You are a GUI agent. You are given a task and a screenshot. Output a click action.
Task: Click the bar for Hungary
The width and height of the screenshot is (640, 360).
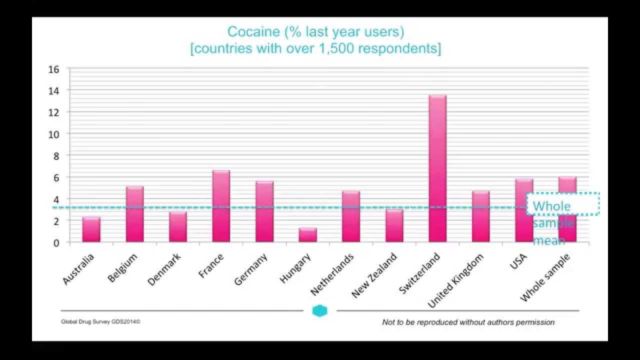(x=307, y=235)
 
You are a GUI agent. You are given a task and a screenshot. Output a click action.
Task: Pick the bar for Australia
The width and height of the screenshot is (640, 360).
(x=91, y=230)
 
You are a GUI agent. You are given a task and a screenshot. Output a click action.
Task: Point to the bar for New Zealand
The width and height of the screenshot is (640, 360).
(x=394, y=226)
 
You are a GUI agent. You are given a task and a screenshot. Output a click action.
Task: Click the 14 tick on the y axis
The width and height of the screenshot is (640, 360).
(x=53, y=90)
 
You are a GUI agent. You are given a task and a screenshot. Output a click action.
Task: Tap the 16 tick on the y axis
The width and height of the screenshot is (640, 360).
(x=53, y=69)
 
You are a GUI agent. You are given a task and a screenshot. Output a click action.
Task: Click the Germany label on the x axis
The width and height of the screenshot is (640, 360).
(x=251, y=269)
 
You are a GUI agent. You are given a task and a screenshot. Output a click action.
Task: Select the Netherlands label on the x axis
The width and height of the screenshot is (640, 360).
(x=332, y=274)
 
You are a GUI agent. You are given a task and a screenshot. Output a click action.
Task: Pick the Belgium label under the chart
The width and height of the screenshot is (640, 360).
(x=122, y=268)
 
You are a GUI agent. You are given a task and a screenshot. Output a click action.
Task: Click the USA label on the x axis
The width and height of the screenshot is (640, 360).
(x=518, y=260)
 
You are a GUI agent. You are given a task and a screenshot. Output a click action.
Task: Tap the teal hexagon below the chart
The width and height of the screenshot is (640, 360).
(x=319, y=311)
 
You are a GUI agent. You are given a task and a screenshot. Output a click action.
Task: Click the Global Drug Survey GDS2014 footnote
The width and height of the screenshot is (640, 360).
(x=100, y=322)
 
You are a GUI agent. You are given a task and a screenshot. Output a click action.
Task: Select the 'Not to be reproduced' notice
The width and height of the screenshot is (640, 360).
(x=468, y=322)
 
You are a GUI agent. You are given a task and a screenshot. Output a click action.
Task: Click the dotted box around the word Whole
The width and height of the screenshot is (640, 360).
(x=563, y=204)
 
